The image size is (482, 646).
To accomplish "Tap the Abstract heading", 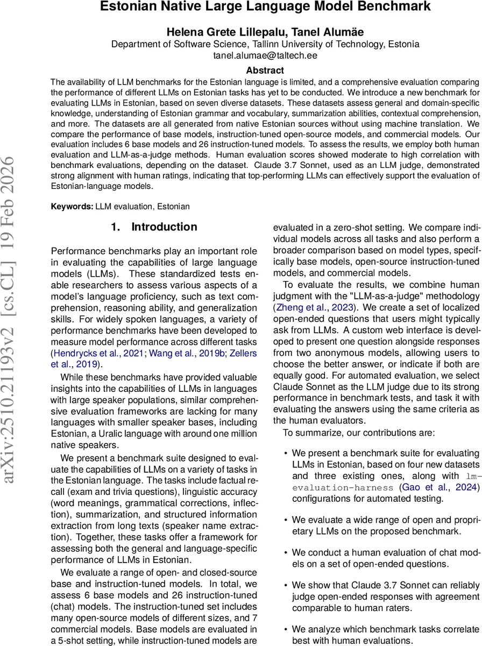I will coord(265,71).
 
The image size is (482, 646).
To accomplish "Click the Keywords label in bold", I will coord(72,206).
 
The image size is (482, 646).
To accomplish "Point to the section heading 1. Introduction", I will coord(154,227).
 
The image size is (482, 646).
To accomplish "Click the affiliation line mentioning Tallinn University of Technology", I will coord(265,44).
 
